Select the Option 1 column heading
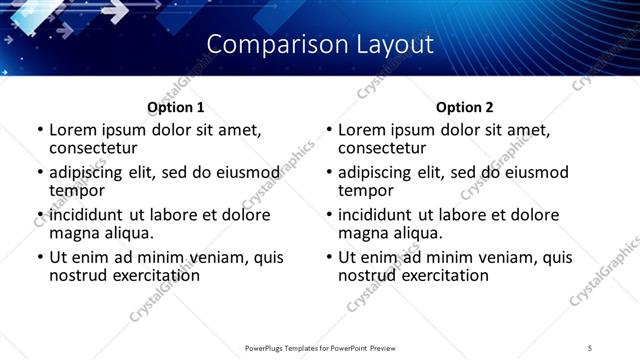[x=175, y=107]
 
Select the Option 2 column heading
[x=465, y=107]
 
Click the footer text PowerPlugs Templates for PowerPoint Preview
[x=319, y=348]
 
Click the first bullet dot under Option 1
[x=39, y=130]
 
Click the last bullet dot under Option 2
[x=329, y=258]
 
